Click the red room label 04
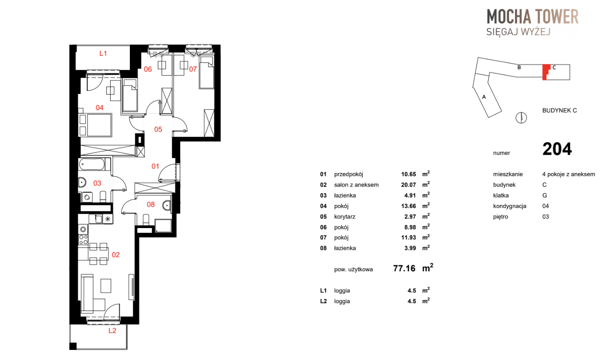[x=99, y=107]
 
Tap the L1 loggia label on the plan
[x=103, y=53]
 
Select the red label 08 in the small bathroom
[x=151, y=204]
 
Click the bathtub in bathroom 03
[x=92, y=164]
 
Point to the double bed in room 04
[x=95, y=125]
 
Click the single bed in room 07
[x=207, y=73]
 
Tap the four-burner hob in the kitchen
[x=83, y=239]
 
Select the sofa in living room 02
[x=87, y=293]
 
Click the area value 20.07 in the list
[x=408, y=185]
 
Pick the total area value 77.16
[x=404, y=268]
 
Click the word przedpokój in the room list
[x=348, y=174]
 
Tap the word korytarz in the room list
[x=344, y=217]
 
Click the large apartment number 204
[x=557, y=149]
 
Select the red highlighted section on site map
[x=546, y=72]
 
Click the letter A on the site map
[x=484, y=97]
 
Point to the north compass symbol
[x=521, y=118]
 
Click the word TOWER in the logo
[x=556, y=17]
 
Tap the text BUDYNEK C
[x=560, y=111]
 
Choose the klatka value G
[x=545, y=195]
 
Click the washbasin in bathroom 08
[x=167, y=206]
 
